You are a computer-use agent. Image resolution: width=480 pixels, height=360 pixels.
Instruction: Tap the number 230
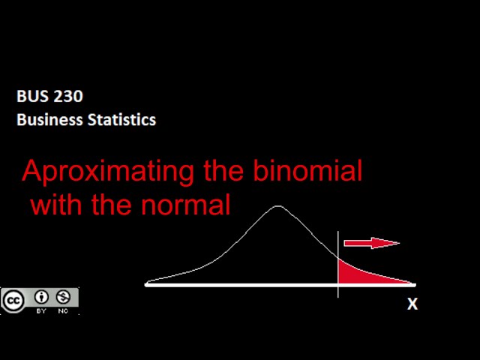pos(67,96)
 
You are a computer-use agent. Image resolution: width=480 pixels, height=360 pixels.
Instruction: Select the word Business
pos(48,119)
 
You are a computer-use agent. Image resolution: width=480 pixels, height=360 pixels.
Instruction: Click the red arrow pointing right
pos(372,243)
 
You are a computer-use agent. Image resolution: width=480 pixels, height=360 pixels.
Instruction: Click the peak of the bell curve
pos(278,206)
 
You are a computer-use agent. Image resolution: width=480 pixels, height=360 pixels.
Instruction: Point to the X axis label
pos(412,304)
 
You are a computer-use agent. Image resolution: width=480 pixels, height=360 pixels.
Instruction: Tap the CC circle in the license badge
pos(13,301)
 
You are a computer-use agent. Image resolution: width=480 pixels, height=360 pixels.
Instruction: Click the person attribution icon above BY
pos(41,297)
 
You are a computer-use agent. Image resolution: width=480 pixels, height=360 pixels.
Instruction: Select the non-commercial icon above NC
pos(63,297)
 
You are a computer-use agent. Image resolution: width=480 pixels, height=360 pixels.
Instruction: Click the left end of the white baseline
pos(148,284)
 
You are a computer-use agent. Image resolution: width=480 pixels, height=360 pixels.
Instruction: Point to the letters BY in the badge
pos(41,310)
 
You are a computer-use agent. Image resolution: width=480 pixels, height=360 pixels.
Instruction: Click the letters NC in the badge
pos(63,310)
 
